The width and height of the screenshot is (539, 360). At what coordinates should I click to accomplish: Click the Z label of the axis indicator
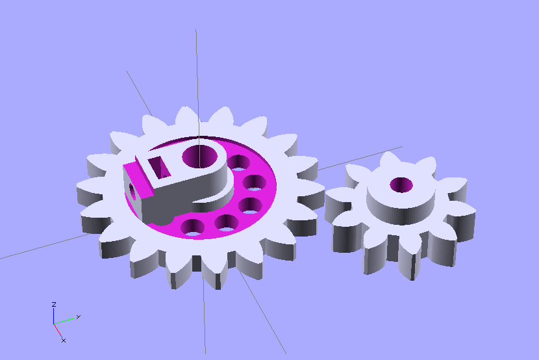point(54,304)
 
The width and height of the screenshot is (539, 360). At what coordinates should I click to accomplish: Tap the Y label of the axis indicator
point(79,316)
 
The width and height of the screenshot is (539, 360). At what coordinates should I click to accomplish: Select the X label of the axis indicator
point(64,341)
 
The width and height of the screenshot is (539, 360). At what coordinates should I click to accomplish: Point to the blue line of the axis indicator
point(54,316)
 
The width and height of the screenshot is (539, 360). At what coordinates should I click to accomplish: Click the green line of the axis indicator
point(64,321)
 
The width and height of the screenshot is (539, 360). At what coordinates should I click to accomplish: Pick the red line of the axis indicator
point(58,330)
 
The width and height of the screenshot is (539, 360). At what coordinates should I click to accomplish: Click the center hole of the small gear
point(401,185)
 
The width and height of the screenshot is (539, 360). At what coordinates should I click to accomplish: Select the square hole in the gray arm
point(159,167)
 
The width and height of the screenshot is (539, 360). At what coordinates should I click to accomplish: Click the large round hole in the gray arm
point(200,157)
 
